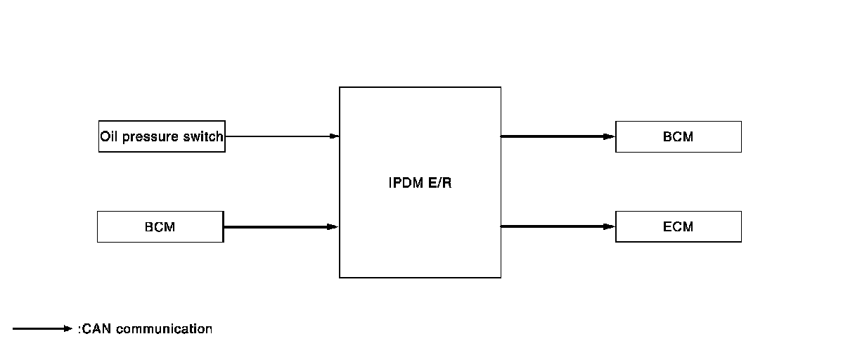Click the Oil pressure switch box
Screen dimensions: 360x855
coord(162,136)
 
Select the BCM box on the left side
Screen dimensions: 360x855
coord(160,227)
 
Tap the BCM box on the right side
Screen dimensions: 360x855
coord(678,136)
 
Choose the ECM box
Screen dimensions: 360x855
coord(678,226)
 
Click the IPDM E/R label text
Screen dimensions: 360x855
coord(420,184)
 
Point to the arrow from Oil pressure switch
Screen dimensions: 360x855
coord(281,136)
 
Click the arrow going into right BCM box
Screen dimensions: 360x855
coord(557,136)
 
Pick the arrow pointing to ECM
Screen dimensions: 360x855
coord(557,226)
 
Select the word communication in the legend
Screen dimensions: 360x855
coord(164,328)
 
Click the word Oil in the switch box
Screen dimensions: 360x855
coord(109,136)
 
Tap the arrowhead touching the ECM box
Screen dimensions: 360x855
coord(610,226)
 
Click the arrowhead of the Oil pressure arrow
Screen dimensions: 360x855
coord(334,136)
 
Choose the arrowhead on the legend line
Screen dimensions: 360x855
coord(67,328)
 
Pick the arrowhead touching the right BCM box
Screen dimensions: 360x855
coord(610,136)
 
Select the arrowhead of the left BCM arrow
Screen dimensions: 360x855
coord(333,227)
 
